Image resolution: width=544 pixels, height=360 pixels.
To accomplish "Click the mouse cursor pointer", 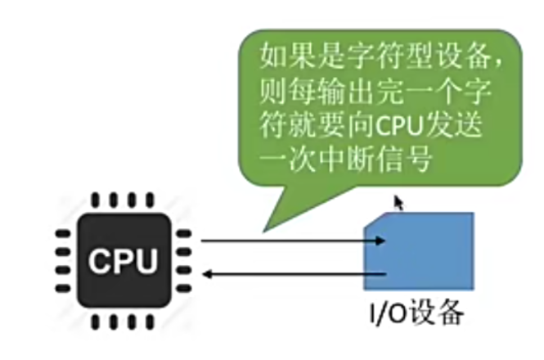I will [x=398, y=202].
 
